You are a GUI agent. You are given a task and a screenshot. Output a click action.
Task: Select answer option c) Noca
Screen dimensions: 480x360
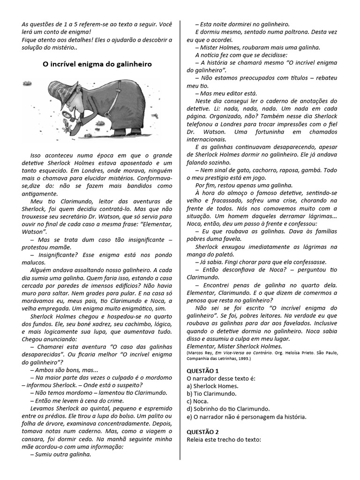tap(198, 401)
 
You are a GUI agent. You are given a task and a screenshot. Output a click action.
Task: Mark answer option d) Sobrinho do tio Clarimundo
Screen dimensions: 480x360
tap(228, 409)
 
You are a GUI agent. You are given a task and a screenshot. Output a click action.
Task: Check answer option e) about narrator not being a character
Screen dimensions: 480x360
tap(247, 416)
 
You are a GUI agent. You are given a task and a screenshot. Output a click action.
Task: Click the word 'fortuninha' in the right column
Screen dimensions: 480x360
tap(253, 131)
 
